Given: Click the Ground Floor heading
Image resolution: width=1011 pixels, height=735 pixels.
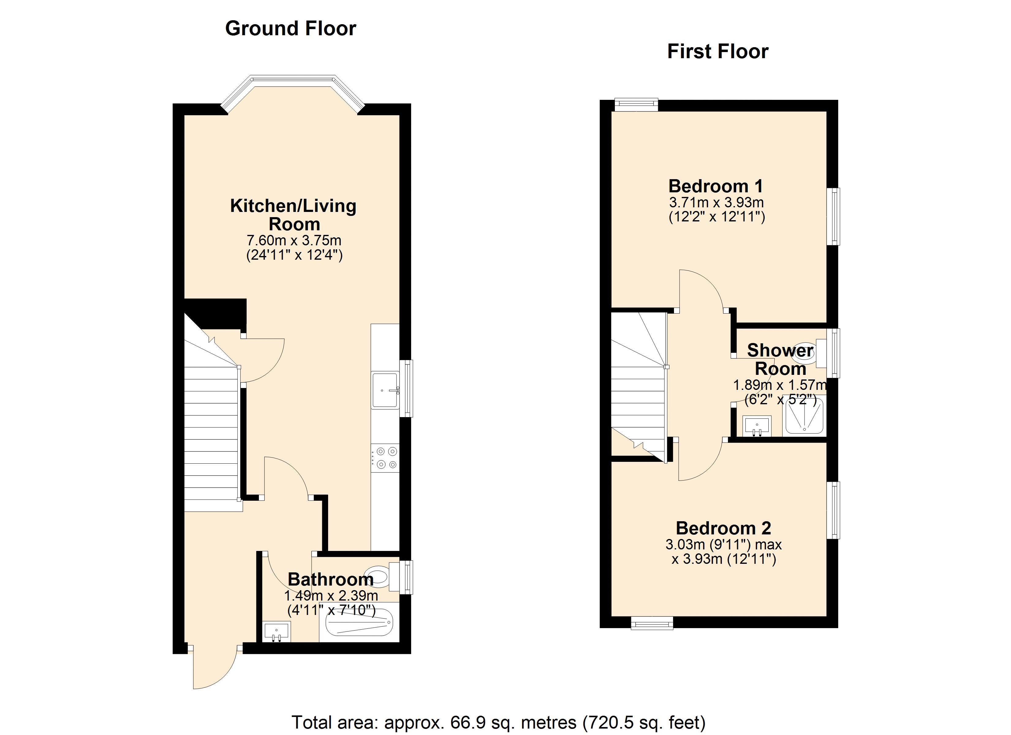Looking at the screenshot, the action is pyautogui.click(x=291, y=28).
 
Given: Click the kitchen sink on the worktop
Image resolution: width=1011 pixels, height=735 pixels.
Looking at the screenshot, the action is pyautogui.click(x=385, y=390).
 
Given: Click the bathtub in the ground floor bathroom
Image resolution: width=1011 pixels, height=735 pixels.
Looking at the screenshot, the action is pyautogui.click(x=359, y=622).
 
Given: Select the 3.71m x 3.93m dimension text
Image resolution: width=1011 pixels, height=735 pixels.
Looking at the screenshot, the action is pyautogui.click(x=716, y=202).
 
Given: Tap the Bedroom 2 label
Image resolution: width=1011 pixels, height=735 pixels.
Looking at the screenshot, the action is pyautogui.click(x=723, y=528).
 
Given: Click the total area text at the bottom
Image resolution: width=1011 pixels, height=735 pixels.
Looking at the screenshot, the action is pyautogui.click(x=498, y=722).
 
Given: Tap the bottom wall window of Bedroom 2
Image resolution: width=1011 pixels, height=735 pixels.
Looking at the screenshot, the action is pyautogui.click(x=652, y=623).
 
